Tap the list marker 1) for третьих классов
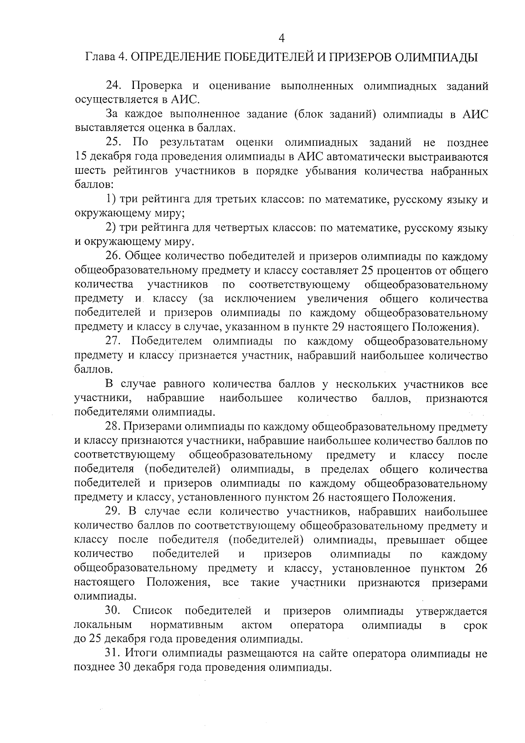click(x=111, y=200)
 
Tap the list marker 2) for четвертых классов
click(x=111, y=228)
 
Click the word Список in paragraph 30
click(x=152, y=611)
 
